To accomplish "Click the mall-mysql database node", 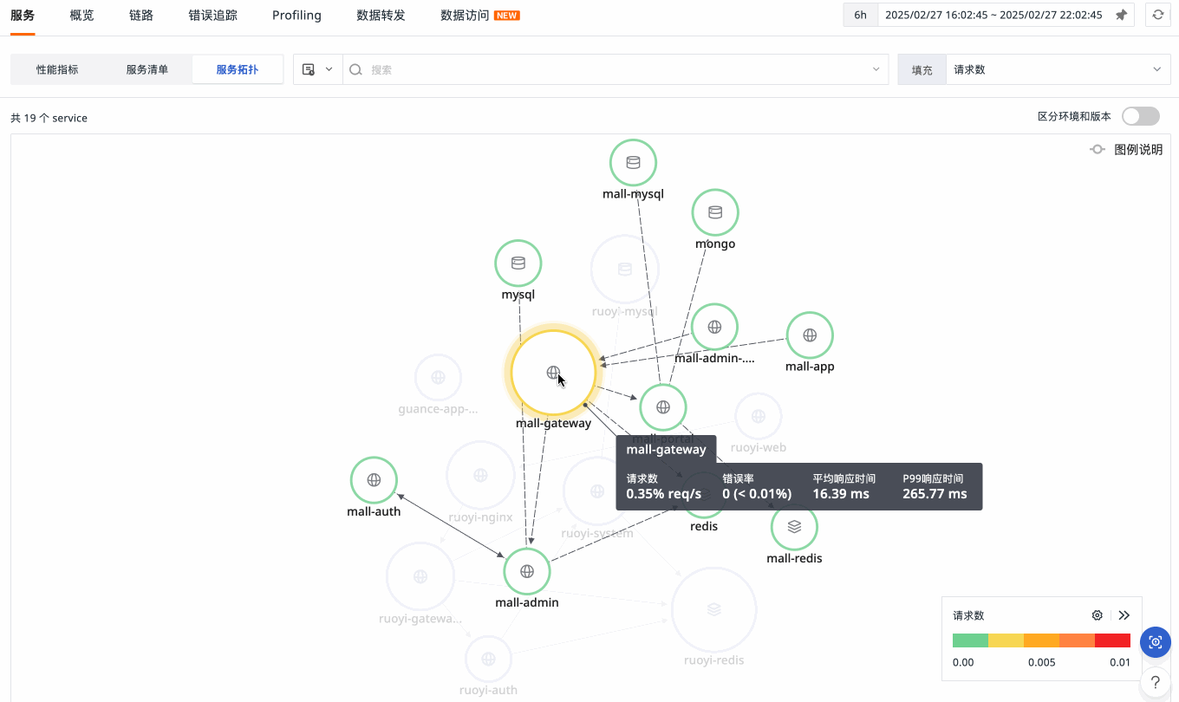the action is (x=633, y=162).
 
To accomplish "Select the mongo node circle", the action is (x=715, y=212).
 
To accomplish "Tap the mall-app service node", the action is (x=810, y=335).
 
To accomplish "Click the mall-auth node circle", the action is (x=374, y=479).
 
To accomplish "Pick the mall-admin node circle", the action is (x=527, y=571).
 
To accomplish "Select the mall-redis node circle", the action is (x=794, y=526).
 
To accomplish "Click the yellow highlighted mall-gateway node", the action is (x=553, y=373).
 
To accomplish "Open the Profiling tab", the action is (x=296, y=16).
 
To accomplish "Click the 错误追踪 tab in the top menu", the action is (x=212, y=16).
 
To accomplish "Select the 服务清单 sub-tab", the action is (x=147, y=69).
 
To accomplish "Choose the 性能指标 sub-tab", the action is (x=57, y=69).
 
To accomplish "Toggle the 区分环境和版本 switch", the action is (x=1140, y=116).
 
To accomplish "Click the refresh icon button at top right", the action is (x=1157, y=15).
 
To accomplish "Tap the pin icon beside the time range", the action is (x=1121, y=15).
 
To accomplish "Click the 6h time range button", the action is (x=860, y=15).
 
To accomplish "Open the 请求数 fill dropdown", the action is (x=1058, y=69).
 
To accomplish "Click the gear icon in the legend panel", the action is (x=1098, y=615).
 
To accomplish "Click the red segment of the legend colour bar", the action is (x=1112, y=640).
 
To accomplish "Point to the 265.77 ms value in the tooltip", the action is (x=935, y=494).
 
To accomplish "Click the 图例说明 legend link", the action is (x=1128, y=150).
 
